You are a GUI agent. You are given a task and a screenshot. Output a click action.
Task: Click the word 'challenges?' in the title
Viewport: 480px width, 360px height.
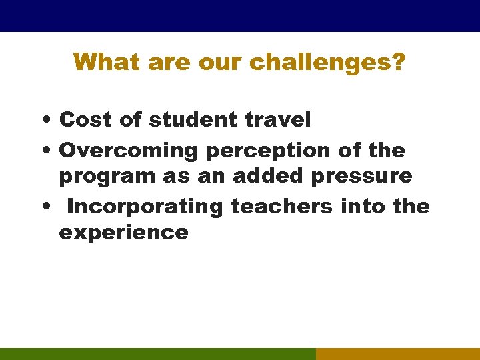click(x=327, y=63)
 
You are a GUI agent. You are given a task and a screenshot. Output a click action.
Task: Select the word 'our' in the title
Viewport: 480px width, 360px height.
click(x=221, y=62)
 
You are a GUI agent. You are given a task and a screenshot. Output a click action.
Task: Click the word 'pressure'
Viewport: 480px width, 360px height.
click(x=361, y=177)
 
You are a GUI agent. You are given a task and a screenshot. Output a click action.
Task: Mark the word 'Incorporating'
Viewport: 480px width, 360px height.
click(x=145, y=207)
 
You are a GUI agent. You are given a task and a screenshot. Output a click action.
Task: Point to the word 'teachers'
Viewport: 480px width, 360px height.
click(x=281, y=206)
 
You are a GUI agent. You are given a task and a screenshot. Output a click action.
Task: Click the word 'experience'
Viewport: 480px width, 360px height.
click(x=123, y=233)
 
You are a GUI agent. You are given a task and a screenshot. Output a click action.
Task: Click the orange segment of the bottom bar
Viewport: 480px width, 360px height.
click(x=397, y=353)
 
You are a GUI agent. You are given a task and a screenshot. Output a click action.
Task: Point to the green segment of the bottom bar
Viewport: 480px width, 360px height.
click(x=157, y=353)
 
